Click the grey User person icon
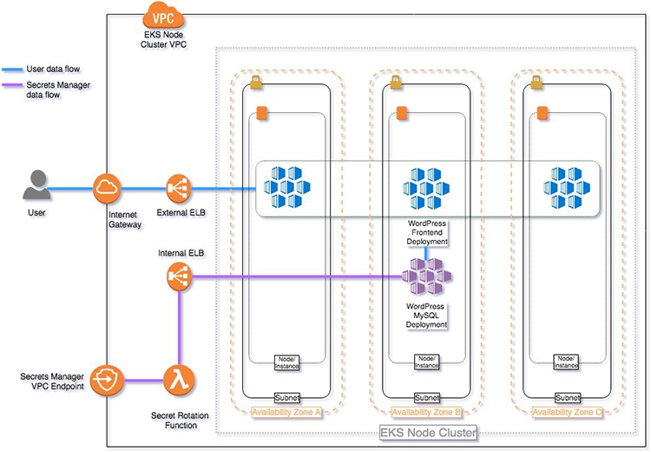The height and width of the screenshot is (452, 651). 35,187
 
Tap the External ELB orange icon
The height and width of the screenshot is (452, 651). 178,187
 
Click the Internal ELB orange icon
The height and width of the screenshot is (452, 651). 178,277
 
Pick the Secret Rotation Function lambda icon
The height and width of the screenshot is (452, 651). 178,379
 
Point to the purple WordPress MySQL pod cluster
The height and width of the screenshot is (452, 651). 426,277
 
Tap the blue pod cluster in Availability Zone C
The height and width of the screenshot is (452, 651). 565,188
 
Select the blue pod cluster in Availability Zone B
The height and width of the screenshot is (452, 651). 426,188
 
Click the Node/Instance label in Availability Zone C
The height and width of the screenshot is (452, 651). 565,362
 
